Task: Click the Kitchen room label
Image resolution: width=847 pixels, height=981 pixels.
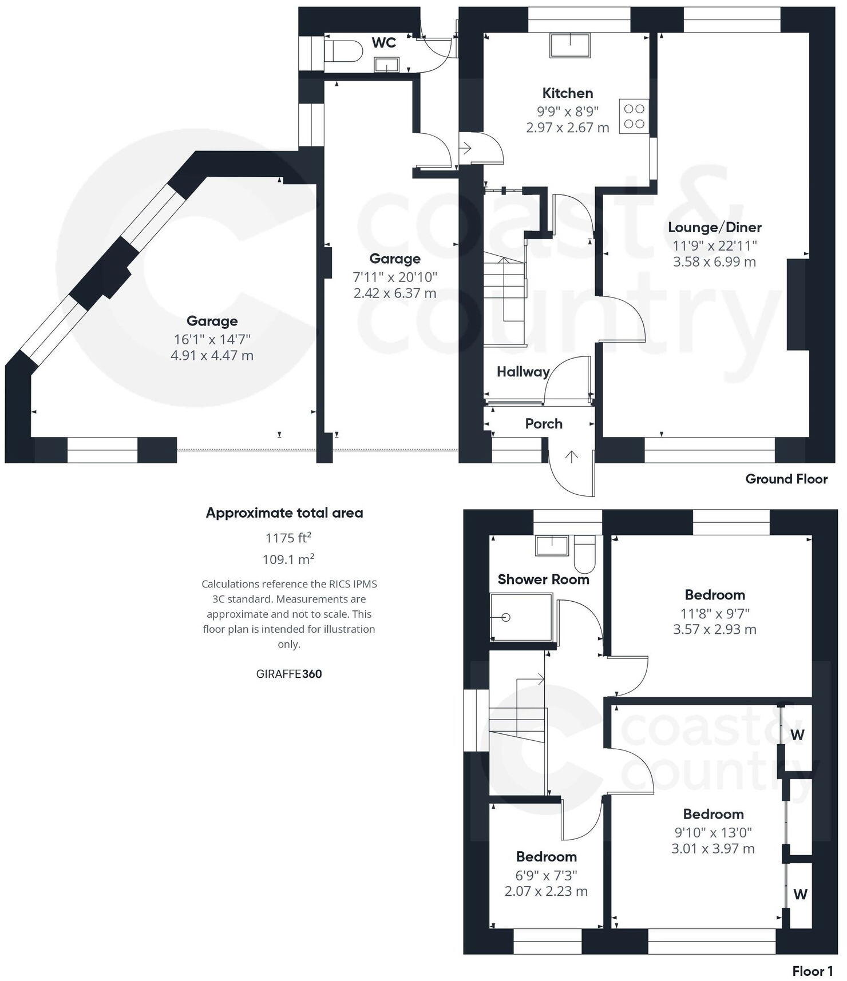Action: (x=567, y=93)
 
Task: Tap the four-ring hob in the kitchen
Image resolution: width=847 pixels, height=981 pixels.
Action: (x=634, y=116)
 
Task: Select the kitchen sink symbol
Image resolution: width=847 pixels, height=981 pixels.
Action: (x=570, y=45)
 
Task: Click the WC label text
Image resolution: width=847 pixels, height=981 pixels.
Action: (x=383, y=43)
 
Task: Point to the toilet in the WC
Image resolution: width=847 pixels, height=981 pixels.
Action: (x=342, y=50)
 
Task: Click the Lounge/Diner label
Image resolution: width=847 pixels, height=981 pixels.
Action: (x=714, y=227)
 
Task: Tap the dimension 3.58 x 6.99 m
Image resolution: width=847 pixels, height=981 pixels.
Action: (x=714, y=262)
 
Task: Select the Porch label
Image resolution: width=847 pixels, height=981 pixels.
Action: (x=544, y=424)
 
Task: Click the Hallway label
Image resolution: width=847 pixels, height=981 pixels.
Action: (x=523, y=372)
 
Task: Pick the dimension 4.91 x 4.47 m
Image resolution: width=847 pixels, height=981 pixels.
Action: (x=212, y=355)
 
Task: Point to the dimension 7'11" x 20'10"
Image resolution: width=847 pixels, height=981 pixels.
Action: (x=395, y=277)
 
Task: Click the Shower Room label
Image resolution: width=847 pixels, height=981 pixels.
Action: (x=543, y=579)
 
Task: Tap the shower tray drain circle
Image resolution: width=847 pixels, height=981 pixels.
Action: (x=505, y=618)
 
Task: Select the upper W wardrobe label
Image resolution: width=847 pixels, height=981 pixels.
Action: (x=798, y=734)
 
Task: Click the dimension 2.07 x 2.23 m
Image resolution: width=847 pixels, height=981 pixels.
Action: (x=546, y=891)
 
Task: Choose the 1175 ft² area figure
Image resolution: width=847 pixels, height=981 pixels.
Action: (x=288, y=538)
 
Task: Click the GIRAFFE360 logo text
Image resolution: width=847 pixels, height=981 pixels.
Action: (x=289, y=674)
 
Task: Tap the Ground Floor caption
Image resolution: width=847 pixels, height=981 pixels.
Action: (x=786, y=479)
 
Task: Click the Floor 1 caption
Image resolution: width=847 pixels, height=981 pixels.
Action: (x=812, y=971)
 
